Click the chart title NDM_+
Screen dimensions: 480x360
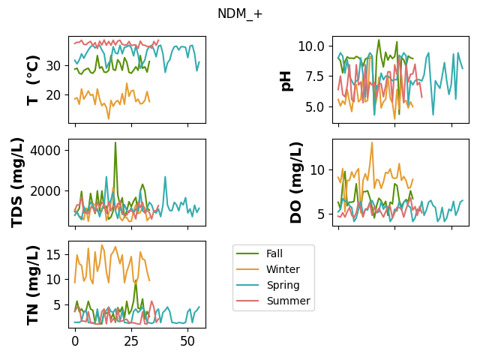pos(240,13)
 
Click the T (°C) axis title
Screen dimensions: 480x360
pos(33,80)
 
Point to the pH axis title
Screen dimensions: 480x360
pos(286,81)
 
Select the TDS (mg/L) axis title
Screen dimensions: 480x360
pos(17,183)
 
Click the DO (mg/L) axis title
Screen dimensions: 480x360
pos(295,183)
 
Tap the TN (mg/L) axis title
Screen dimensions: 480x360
pos(33,285)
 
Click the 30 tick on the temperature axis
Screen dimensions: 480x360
pos(53,66)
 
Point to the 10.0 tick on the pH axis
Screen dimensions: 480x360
pos(311,46)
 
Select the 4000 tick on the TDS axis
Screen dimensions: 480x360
pos(45,150)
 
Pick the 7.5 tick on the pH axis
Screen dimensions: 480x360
pos(315,76)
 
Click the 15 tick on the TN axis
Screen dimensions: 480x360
pos(53,254)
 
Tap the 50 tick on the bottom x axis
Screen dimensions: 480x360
pos(187,341)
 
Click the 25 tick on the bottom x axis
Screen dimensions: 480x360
pos(132,341)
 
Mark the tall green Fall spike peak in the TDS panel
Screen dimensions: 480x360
pos(115,142)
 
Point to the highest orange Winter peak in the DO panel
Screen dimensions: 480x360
pos(372,142)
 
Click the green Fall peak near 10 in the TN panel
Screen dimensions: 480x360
pos(136,280)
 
